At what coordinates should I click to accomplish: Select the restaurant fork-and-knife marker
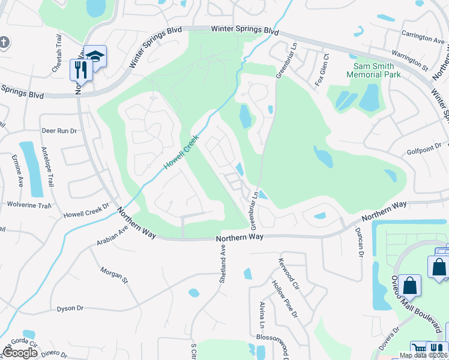coord(80,70)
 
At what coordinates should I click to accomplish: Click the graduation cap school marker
coord(95,56)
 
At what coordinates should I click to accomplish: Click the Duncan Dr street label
coord(360,245)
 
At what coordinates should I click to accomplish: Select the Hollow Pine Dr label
coord(285,298)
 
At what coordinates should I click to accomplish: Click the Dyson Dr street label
coord(70,308)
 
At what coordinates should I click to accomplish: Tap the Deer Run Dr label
coord(59,130)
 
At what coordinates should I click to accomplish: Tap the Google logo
coord(20,353)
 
